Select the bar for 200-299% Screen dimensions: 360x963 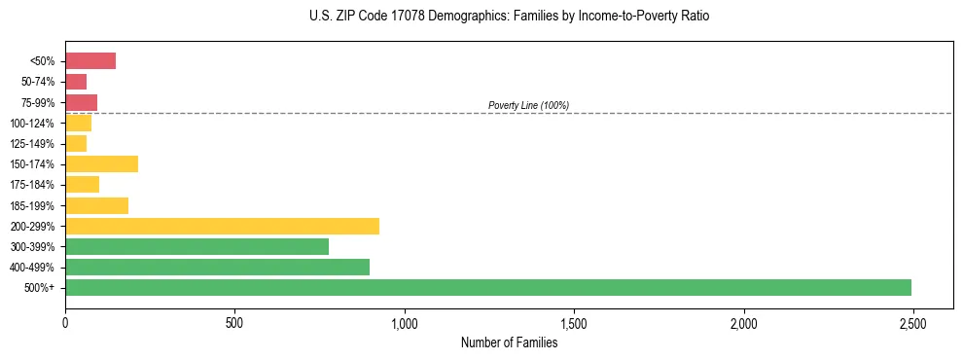coord(222,226)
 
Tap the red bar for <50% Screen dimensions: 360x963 coord(90,61)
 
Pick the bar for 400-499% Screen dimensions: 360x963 coord(217,267)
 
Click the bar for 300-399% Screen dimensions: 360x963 coord(196,246)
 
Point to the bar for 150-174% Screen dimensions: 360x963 coord(101,163)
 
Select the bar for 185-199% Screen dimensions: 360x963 coord(96,205)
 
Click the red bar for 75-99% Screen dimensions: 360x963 coord(81,102)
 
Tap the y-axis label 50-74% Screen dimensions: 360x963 coord(39,82)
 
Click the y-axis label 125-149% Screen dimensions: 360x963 coord(34,144)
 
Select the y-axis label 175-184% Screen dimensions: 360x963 coord(34,185)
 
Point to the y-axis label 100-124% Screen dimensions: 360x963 coord(34,124)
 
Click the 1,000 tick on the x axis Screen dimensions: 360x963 coord(404,322)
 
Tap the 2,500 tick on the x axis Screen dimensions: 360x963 coord(912,322)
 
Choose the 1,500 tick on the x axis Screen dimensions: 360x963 coord(574,322)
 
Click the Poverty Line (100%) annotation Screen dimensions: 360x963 coord(528,105)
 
